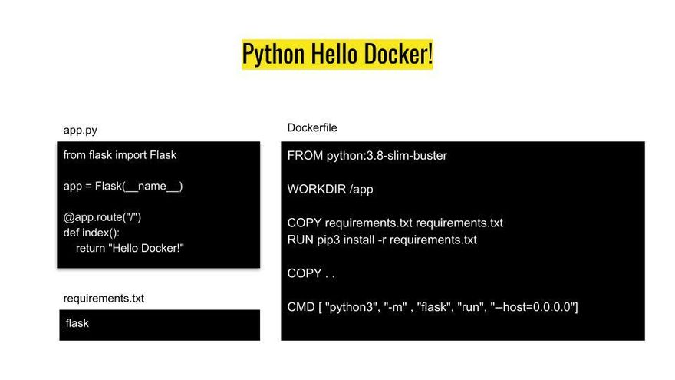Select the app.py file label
[x=80, y=131]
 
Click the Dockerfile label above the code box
[x=312, y=127]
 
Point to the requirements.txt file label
[x=104, y=298]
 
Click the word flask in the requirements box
[x=77, y=323]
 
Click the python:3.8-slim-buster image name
[x=387, y=156]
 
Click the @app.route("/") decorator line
[x=102, y=216]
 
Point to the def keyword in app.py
[x=71, y=232]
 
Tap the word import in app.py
[x=131, y=154]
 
